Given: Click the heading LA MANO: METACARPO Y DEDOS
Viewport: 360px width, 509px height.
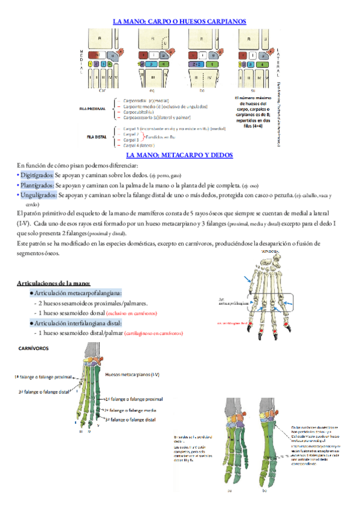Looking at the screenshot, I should [x=179, y=155].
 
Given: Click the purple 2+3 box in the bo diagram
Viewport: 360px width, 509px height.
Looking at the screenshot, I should [x=196, y=63].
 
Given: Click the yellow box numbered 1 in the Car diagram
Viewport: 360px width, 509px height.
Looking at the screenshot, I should [x=89, y=63].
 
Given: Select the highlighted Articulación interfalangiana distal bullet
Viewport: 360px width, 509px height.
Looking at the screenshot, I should [x=78, y=323].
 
